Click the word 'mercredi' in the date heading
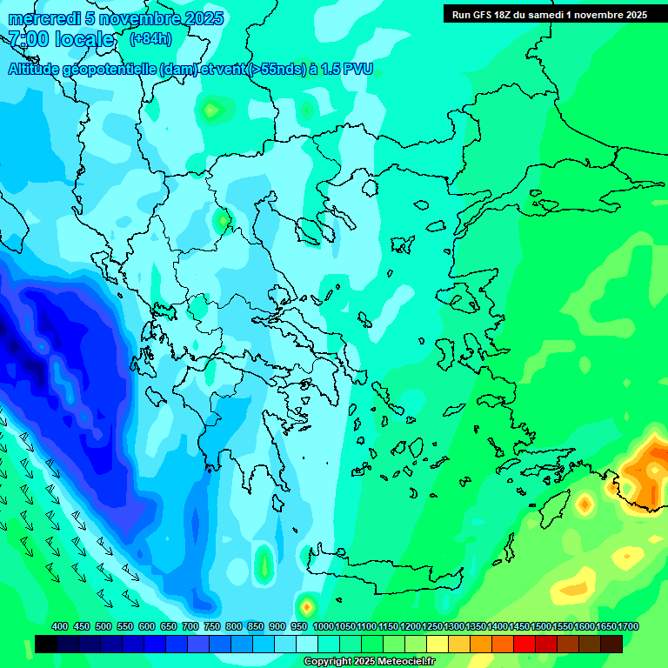point(38,18)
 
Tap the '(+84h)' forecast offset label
point(150,39)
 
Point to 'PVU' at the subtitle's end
point(357,70)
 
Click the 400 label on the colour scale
point(60,626)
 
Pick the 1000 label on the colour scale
point(324,626)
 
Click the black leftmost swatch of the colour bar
point(46,644)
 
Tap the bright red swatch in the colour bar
point(524,644)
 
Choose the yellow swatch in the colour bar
point(437,644)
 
